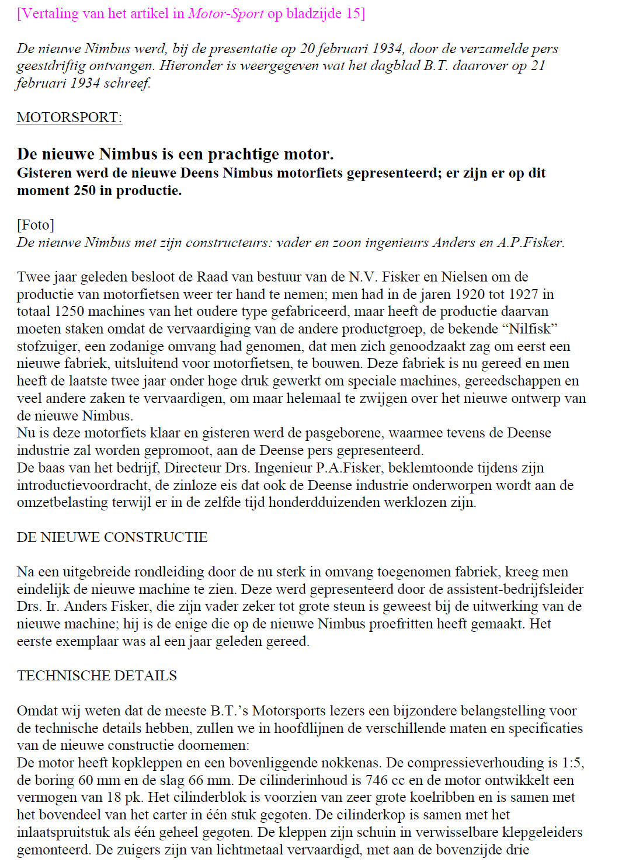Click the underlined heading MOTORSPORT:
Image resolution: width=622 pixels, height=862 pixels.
69,117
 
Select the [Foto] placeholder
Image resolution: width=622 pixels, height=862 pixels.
35,225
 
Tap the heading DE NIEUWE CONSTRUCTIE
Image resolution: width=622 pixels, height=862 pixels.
112,537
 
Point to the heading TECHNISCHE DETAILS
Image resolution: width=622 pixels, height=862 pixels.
96,676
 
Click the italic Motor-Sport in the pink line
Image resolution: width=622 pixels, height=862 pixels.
225,13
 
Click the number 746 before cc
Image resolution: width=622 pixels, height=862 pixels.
377,780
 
